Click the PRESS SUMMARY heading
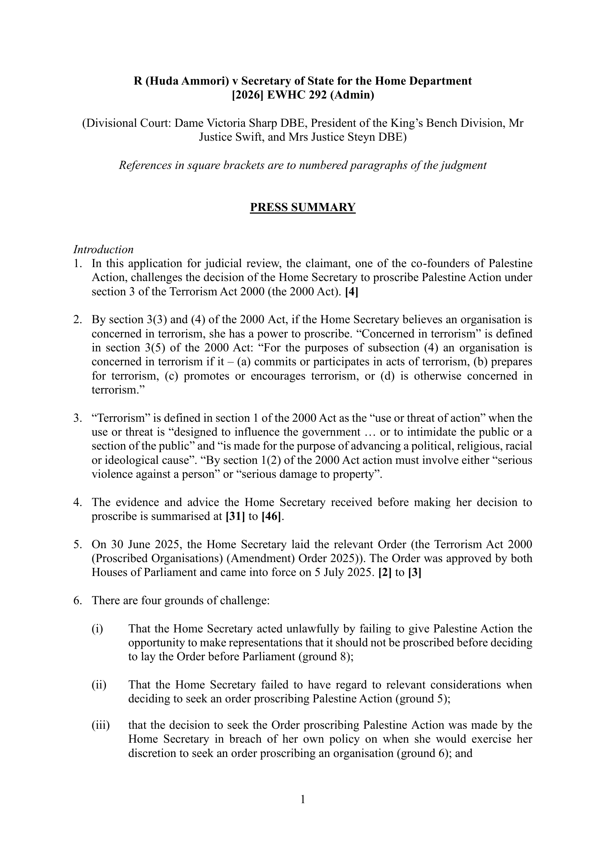coord(303,207)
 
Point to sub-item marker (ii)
coord(99,684)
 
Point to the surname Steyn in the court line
coord(361,137)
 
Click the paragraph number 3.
coord(77,418)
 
